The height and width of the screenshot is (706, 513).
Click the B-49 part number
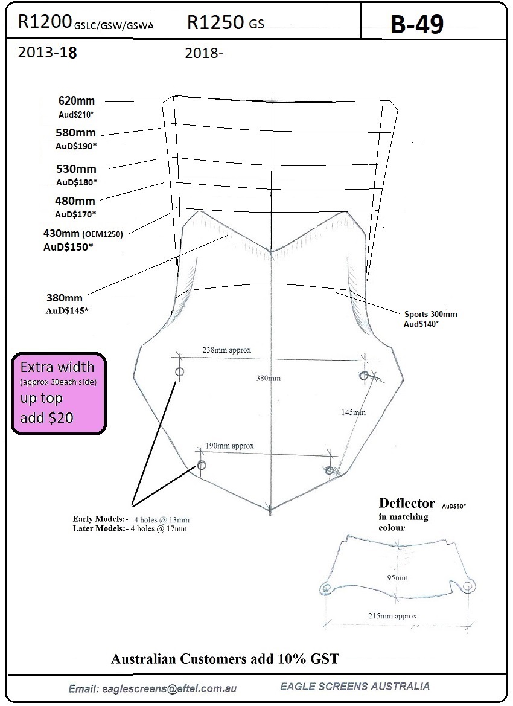(417, 24)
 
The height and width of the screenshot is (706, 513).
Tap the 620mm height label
(77, 101)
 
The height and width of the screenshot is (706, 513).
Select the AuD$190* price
(77, 146)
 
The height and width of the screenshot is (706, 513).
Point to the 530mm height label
(76, 169)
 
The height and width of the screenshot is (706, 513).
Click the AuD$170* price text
(75, 214)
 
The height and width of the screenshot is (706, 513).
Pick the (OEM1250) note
(102, 234)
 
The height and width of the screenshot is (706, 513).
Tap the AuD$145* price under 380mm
(67, 310)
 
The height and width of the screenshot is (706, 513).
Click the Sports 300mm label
(430, 314)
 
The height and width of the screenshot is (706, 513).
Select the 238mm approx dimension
(226, 350)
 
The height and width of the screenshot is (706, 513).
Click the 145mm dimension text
(353, 412)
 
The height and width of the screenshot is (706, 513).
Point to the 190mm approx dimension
(229, 446)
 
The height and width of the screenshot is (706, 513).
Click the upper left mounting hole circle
(180, 372)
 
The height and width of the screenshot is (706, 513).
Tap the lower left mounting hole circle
(201, 465)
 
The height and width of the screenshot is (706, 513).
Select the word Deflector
(407, 503)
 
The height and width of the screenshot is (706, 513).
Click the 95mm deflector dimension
(398, 578)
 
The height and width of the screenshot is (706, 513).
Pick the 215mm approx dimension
(392, 616)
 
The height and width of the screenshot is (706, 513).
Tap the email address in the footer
(153, 688)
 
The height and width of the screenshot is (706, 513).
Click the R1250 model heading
(215, 22)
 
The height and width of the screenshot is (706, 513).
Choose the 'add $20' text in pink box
(47, 417)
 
